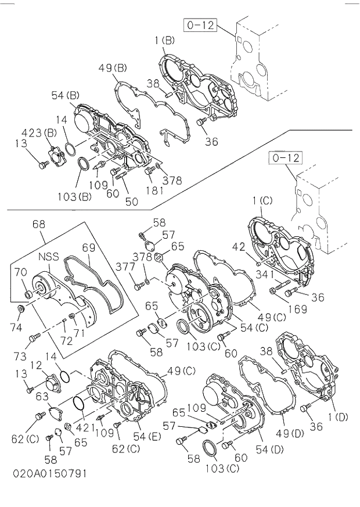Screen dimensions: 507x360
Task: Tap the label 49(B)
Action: click(112, 68)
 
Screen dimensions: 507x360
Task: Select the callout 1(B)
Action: click(164, 41)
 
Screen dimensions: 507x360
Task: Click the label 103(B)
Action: click(75, 196)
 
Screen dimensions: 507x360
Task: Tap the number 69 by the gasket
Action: click(88, 247)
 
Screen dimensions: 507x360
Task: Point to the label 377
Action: click(125, 267)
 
